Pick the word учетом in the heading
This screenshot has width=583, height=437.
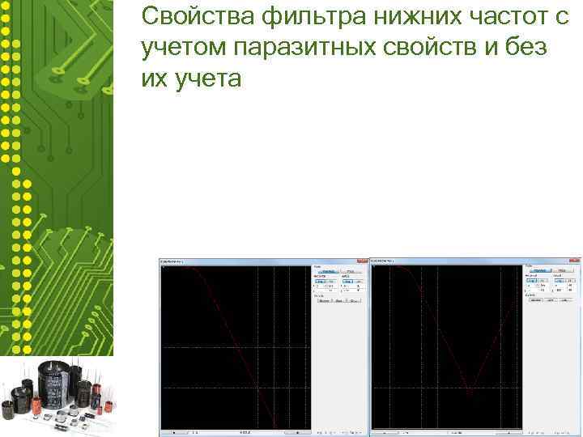[182, 49]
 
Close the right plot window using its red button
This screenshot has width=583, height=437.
[574, 262]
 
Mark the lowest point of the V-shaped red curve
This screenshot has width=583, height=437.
[469, 396]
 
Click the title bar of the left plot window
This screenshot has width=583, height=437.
[243, 262]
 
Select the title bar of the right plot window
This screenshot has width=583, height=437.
[453, 262]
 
